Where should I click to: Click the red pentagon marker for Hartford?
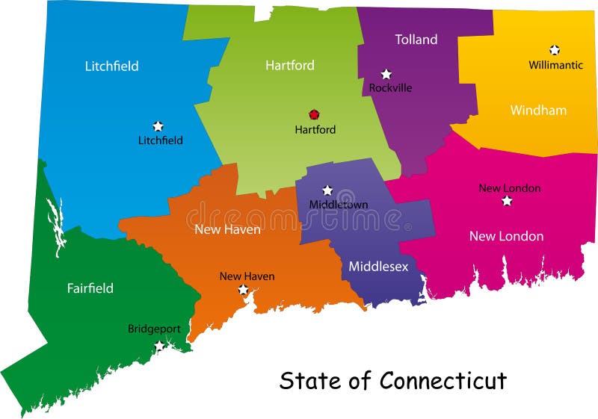(x=314, y=115)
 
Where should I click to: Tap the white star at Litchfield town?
(x=158, y=126)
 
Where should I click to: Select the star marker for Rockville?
(x=386, y=74)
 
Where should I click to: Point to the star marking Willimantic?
(x=555, y=50)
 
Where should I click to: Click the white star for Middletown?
(x=327, y=190)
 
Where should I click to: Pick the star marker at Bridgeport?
(x=159, y=345)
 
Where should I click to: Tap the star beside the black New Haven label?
(x=243, y=290)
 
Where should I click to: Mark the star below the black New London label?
(x=507, y=201)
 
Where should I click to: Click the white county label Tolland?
(x=416, y=40)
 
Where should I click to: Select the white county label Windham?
(x=538, y=111)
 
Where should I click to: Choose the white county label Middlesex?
(x=378, y=266)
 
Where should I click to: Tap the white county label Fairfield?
(x=90, y=288)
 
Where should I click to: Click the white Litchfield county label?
(x=111, y=66)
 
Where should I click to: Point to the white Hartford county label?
(x=290, y=66)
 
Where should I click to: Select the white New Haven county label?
(x=227, y=229)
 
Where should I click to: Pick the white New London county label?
(x=506, y=236)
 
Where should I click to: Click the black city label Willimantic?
(x=555, y=65)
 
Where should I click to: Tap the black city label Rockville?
(x=390, y=88)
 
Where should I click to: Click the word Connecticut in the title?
(x=443, y=381)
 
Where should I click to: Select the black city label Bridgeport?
(x=154, y=329)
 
